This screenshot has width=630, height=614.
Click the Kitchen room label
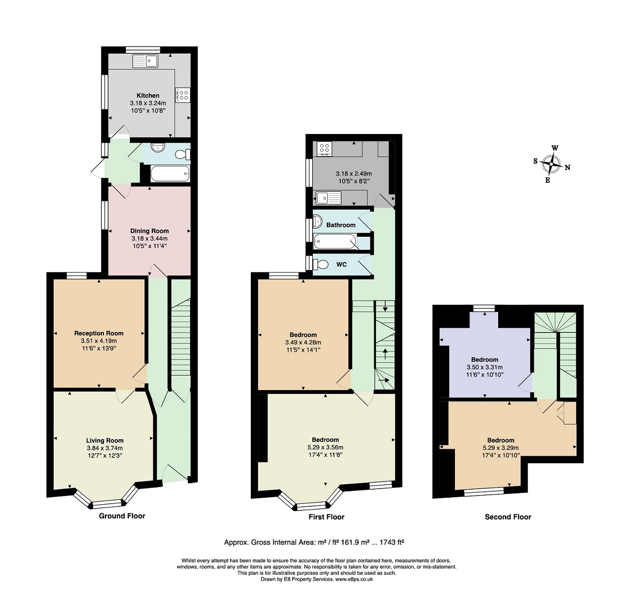(148, 96)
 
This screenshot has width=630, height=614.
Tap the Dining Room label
(150, 231)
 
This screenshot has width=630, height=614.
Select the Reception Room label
(99, 333)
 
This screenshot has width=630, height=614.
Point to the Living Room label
(105, 441)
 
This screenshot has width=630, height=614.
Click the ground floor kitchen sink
(145, 61)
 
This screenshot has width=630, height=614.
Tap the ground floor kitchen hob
(183, 95)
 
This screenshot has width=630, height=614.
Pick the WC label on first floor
(341, 265)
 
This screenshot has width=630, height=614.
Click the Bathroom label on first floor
(341, 225)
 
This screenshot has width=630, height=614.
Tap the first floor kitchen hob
(324, 149)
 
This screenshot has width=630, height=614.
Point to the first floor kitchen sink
(328, 198)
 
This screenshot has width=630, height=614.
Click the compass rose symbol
(551, 164)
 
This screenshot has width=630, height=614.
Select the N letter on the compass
(568, 167)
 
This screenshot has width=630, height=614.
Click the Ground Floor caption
(122, 516)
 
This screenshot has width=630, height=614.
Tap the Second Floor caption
(508, 517)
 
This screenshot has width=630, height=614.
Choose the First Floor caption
(326, 517)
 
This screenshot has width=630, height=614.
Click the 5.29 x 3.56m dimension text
(325, 447)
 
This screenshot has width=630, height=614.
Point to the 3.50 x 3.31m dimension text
(485, 367)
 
